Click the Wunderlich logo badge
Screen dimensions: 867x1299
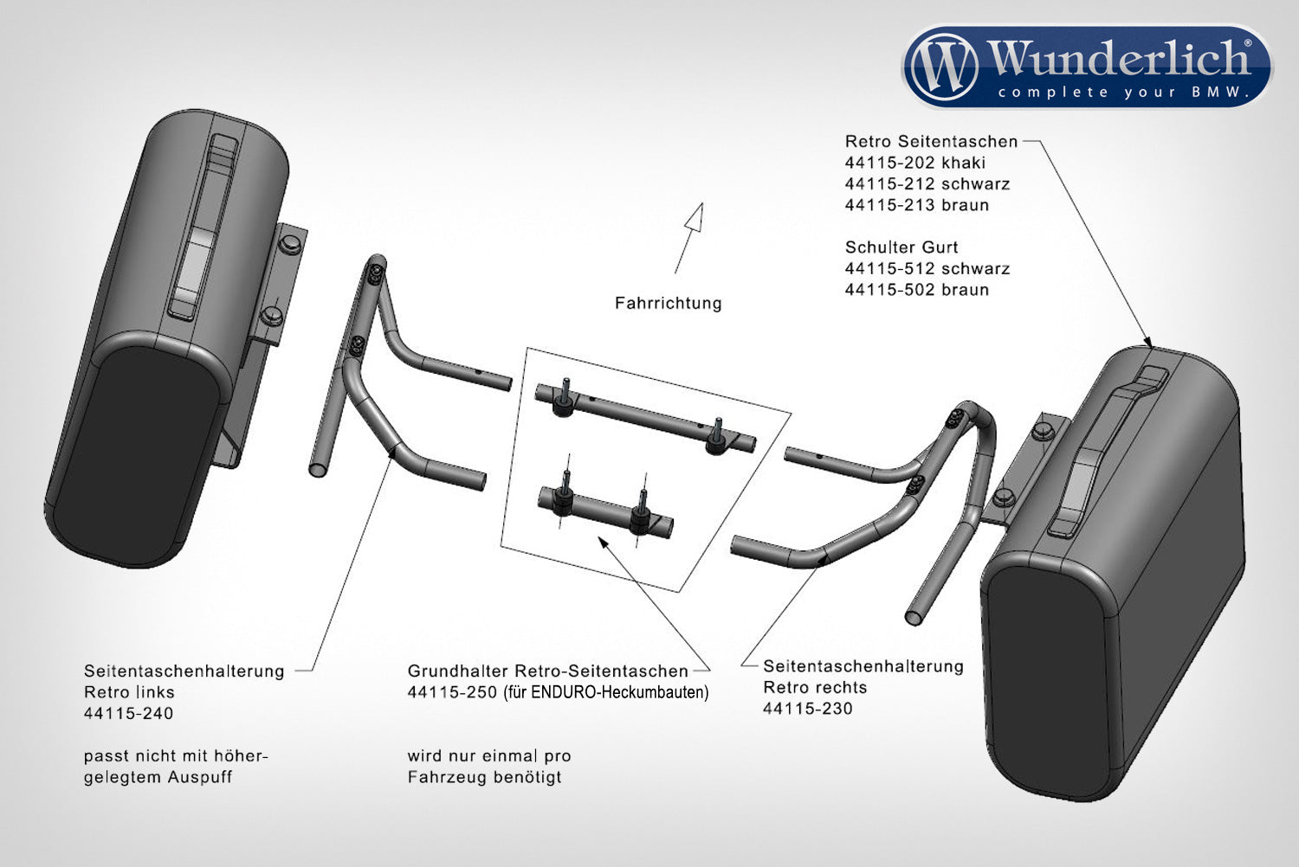(1087, 67)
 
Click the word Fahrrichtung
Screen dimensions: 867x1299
(668, 303)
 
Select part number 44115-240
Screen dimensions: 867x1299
(128, 713)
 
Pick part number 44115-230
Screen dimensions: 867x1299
(807, 709)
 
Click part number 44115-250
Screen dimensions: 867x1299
(452, 692)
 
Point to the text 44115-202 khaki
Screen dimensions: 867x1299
(914, 163)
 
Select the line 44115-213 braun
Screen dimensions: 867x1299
(916, 205)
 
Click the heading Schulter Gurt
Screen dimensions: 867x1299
(901, 247)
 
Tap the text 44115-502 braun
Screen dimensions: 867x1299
(916, 290)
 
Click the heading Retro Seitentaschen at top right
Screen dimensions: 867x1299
(931, 141)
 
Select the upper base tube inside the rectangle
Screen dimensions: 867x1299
(644, 419)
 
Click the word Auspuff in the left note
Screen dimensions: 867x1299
(200, 777)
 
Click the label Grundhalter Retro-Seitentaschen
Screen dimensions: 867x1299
(547, 671)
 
